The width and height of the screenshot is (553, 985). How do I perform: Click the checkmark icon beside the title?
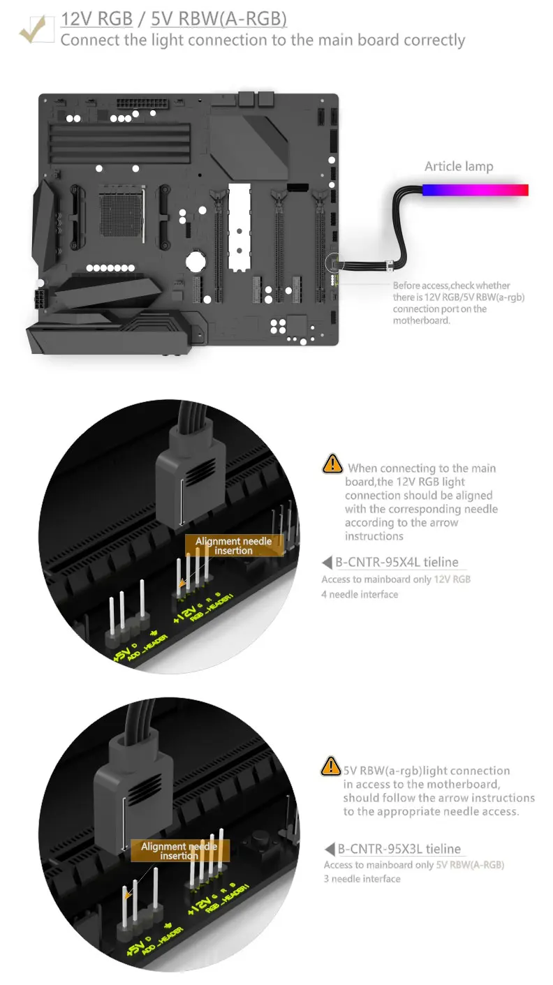pos(35,29)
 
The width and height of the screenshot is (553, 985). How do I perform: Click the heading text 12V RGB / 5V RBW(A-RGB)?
pos(173,18)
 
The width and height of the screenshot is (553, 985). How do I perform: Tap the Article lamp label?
pos(459,166)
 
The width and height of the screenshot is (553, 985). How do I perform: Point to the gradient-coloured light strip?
pos(475,190)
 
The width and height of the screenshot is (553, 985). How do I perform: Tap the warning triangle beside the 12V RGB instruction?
pos(332,464)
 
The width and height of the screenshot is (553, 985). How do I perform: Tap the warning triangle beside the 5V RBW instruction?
pos(330,766)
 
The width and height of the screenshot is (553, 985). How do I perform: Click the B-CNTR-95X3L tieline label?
pos(399,849)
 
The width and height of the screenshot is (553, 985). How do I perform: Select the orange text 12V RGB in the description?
pos(452,579)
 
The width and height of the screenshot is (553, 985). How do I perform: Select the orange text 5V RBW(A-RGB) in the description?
pos(470,865)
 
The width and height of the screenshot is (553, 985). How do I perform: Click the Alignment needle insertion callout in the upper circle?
pos(233,546)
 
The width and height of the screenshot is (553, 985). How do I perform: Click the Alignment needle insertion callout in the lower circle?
pos(179,851)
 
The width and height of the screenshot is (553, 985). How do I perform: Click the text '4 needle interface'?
pos(360,595)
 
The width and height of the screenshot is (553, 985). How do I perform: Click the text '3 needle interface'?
pos(362,879)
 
